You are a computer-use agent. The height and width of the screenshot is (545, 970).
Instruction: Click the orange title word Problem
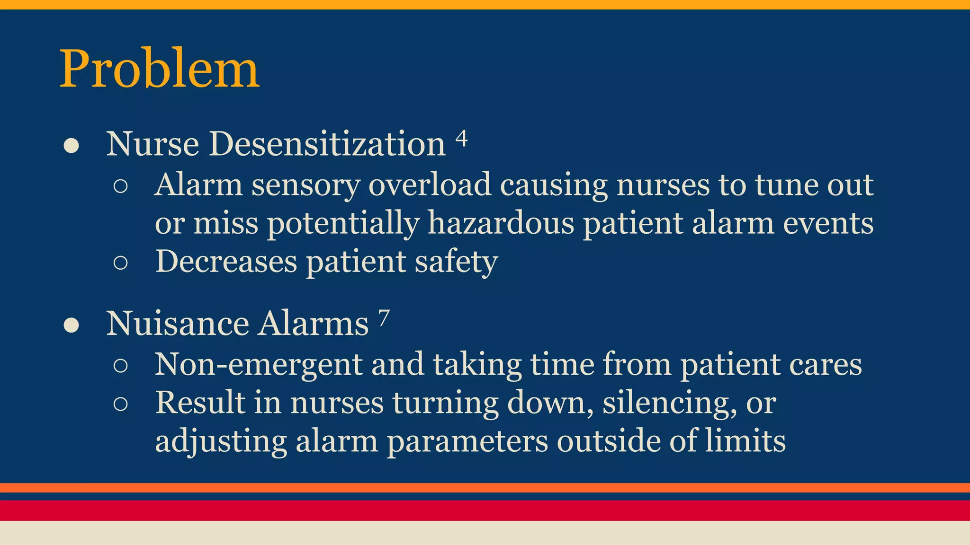pyautogui.click(x=159, y=69)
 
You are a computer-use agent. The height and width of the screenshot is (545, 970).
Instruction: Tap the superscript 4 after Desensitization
pyautogui.click(x=461, y=139)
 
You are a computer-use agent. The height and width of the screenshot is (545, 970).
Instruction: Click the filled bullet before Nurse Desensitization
pyautogui.click(x=71, y=146)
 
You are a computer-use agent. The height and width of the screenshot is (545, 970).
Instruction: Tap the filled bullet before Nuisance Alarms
pyautogui.click(x=71, y=326)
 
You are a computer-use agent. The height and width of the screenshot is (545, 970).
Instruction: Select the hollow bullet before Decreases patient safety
pyautogui.click(x=121, y=263)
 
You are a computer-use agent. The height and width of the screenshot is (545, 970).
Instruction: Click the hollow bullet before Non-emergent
pyautogui.click(x=121, y=366)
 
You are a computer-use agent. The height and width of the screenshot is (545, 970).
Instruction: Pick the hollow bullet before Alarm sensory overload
pyautogui.click(x=121, y=186)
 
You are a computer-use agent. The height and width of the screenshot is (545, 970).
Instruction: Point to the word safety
pyautogui.click(x=456, y=262)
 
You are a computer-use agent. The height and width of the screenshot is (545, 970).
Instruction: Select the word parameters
pyautogui.click(x=467, y=442)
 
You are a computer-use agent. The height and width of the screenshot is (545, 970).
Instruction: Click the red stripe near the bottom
pyautogui.click(x=485, y=510)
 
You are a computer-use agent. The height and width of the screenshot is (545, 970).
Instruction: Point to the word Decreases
pyautogui.click(x=226, y=261)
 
